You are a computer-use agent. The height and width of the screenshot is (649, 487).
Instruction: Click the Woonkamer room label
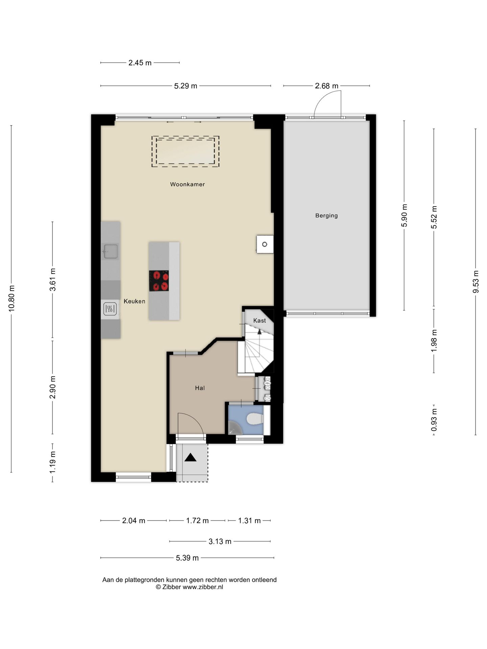tap(187, 184)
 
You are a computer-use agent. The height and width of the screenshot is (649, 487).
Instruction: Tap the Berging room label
tap(326, 215)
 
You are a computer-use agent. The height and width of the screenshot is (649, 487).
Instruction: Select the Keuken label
tap(134, 301)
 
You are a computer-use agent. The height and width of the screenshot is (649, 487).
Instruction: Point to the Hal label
tap(200, 388)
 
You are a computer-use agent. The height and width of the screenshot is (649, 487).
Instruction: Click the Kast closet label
tap(259, 320)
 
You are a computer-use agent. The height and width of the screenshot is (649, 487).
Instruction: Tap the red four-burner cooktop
tap(159, 281)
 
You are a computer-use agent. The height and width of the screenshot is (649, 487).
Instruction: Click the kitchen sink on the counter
tap(110, 251)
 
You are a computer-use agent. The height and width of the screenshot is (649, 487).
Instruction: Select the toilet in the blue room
tap(255, 419)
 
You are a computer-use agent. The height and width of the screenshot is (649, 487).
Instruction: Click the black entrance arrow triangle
tap(190, 457)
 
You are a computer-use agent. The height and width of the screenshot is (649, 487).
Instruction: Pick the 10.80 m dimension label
tap(11, 298)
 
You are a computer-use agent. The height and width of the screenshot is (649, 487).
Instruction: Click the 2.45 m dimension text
tap(140, 63)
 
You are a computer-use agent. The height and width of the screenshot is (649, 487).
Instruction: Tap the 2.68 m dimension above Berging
tap(327, 86)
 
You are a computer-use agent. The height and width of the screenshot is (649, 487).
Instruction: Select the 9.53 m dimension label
tap(476, 282)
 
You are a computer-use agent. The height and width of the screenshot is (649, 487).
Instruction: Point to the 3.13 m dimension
tap(220, 542)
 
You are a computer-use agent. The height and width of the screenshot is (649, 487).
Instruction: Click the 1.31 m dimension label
tap(249, 521)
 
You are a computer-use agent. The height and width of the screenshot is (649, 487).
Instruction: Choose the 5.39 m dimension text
tap(187, 558)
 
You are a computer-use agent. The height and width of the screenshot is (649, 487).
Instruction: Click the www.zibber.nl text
tap(203, 587)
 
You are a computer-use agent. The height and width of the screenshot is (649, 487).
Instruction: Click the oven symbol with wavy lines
tap(110, 309)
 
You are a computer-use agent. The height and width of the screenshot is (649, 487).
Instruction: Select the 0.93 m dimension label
tap(434, 419)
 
